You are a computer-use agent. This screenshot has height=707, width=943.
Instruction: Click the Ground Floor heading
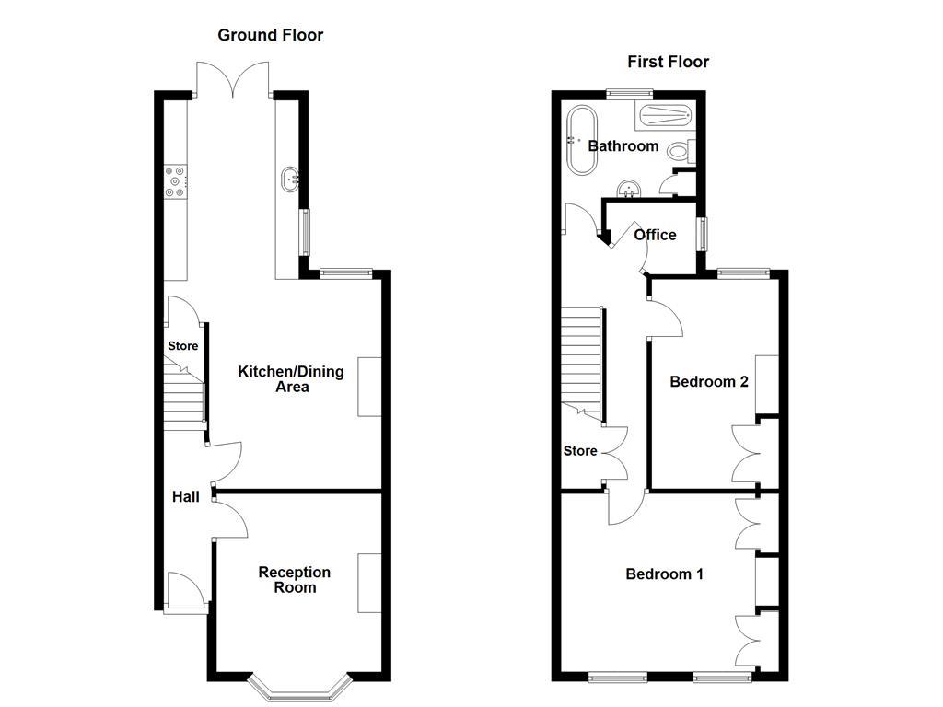tap(270, 35)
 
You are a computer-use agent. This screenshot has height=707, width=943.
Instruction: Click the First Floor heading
tap(668, 62)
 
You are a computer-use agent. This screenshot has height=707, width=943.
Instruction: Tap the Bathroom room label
tap(623, 145)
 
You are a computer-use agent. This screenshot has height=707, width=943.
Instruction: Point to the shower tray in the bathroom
tap(662, 116)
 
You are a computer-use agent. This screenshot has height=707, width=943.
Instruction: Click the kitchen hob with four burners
tap(175, 180)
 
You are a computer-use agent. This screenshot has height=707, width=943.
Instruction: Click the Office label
tap(655, 235)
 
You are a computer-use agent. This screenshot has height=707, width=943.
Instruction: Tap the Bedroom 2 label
tap(708, 381)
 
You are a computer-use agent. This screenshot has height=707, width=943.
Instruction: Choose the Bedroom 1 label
tap(664, 574)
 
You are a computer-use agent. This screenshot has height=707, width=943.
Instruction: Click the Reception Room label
tap(294, 579)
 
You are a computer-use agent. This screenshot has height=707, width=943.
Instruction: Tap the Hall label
tap(185, 496)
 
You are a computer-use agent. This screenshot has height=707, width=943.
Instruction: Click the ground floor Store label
tap(182, 346)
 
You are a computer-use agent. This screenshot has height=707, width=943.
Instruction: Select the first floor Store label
tap(580, 451)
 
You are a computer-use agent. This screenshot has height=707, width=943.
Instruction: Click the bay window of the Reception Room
tap(303, 686)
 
